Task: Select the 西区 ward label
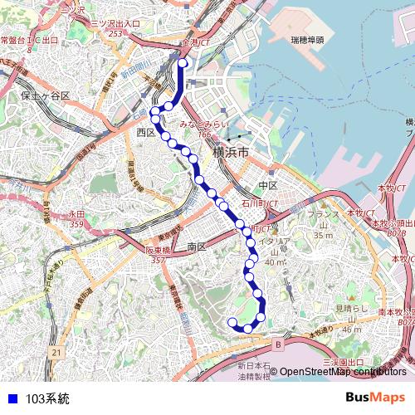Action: pos(147,132)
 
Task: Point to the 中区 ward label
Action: pos(267,184)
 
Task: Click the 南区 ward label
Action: pos(197,247)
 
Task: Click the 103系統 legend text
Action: pos(47,399)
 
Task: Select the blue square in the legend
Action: pos(11,399)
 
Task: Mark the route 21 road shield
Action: pos(56,353)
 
